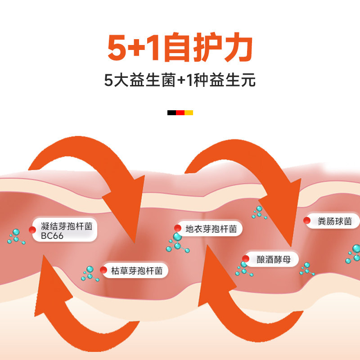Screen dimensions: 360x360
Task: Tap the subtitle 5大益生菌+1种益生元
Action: coord(180,81)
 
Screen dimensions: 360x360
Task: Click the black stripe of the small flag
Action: coord(171,112)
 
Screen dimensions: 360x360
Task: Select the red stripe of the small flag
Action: coord(180,112)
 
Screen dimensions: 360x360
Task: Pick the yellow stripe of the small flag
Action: coord(189,112)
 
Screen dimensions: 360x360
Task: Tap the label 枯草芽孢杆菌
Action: coord(134,270)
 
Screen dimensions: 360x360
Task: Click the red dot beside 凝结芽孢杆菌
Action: coord(32,230)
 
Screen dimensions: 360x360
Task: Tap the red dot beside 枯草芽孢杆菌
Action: coord(103,270)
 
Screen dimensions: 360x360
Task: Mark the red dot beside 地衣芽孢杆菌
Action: coord(178,228)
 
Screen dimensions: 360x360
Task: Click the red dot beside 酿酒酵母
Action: coord(246,259)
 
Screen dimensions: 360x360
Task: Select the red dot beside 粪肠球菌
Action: coord(307,220)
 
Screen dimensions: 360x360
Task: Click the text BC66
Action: coord(52,236)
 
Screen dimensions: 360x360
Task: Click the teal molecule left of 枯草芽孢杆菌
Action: coord(90,273)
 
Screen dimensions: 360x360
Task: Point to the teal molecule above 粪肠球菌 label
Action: coord(258,212)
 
